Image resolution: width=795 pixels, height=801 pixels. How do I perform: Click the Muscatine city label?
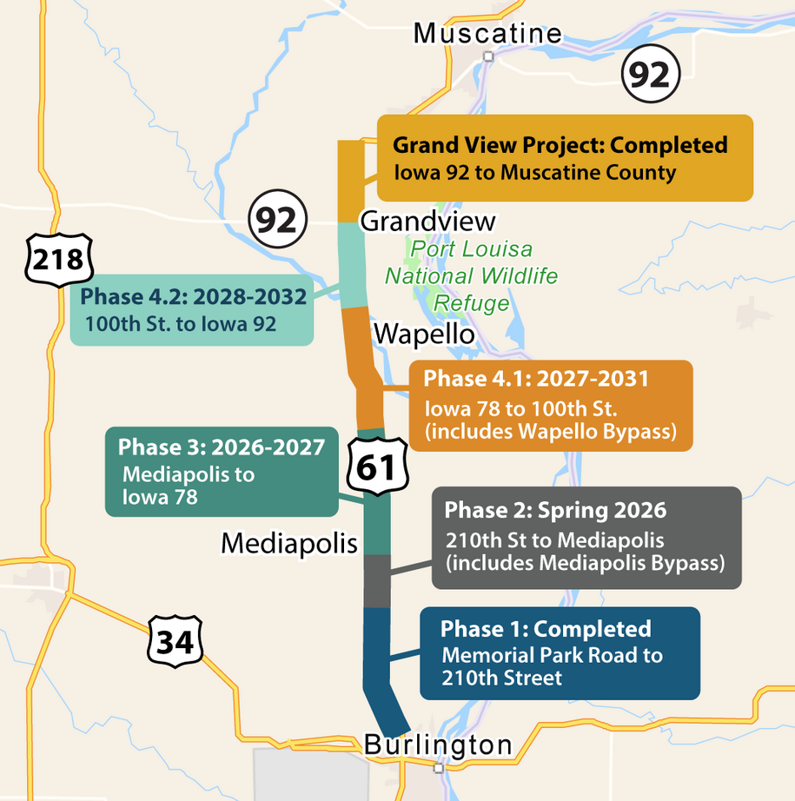(487, 33)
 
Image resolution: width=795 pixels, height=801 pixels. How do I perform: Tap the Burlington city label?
(438, 745)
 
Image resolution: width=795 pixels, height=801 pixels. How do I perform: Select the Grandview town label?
(427, 221)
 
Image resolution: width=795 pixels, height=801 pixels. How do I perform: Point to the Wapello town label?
(423, 334)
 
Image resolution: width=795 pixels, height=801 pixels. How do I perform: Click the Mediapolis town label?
(289, 543)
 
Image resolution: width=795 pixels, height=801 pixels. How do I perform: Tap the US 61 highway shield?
(377, 467)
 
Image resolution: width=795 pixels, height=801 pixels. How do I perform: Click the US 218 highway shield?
(59, 259)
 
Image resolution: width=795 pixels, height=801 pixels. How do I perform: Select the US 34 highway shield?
(174, 642)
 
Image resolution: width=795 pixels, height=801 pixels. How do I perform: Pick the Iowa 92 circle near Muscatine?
(648, 76)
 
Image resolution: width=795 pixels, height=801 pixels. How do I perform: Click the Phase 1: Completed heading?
(546, 629)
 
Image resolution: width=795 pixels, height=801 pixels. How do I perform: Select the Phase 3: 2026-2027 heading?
(222, 447)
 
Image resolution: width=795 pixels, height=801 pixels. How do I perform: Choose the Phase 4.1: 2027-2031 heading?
(536, 379)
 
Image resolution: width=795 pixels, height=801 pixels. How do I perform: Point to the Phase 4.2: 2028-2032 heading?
(193, 297)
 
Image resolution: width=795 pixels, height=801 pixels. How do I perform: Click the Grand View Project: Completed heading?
(560, 145)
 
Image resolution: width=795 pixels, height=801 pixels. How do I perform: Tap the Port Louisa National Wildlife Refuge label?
(471, 276)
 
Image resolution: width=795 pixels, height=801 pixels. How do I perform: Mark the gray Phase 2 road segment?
(377, 580)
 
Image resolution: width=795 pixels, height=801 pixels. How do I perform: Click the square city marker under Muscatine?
(488, 56)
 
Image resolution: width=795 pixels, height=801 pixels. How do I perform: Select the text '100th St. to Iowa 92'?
(180, 324)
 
